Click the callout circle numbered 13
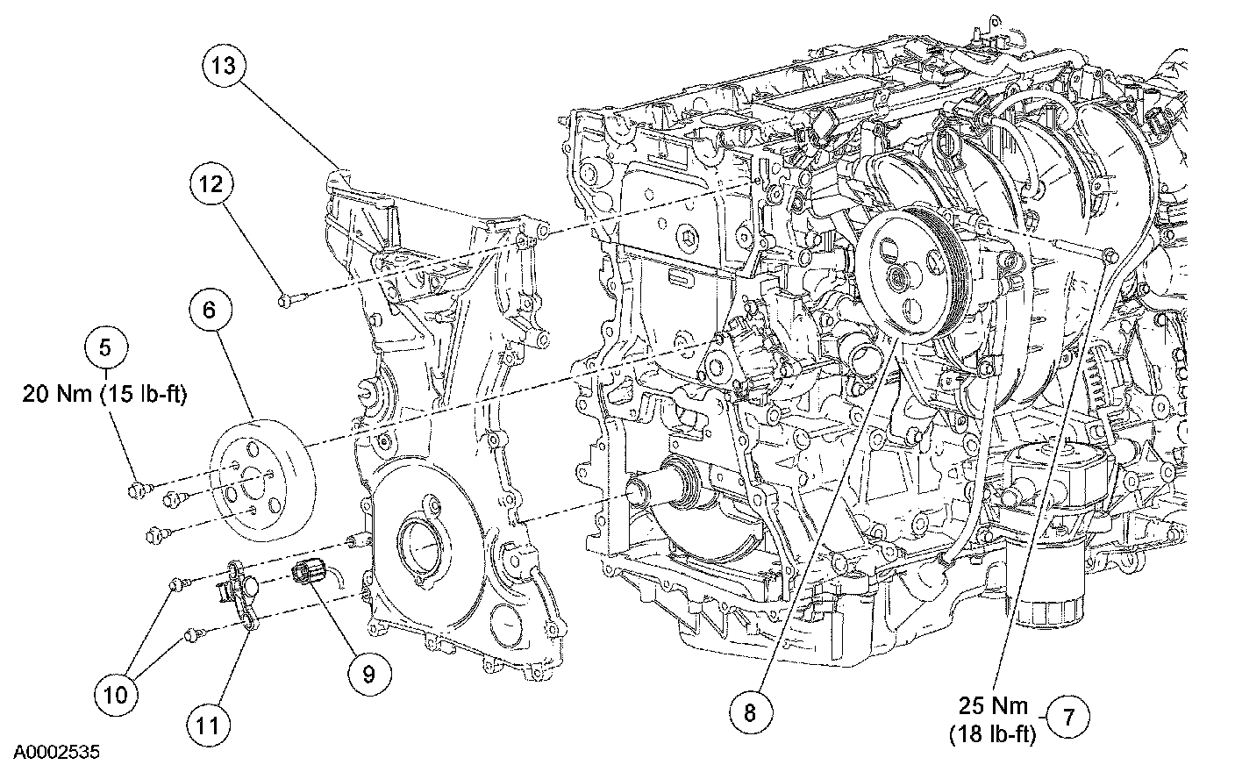(x=226, y=67)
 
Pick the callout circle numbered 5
(x=105, y=347)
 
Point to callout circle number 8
(x=751, y=713)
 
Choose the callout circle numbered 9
(x=368, y=673)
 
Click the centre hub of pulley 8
(x=896, y=280)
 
